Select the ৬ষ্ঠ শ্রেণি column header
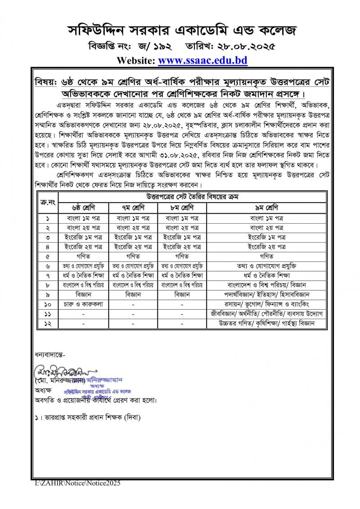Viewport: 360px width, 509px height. (x=83, y=208)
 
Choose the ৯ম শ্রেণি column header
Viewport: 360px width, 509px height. (x=266, y=208)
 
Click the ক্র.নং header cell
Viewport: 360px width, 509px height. (x=47, y=203)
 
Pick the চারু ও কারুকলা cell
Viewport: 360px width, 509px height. (x=83, y=304)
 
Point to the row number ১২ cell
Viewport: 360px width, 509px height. (x=47, y=323)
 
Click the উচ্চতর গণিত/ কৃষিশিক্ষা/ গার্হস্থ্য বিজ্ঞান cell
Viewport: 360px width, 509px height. (x=266, y=323)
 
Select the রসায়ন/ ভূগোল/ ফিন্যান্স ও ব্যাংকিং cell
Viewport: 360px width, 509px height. (x=266, y=304)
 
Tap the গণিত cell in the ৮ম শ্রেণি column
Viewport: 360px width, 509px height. (x=181, y=256)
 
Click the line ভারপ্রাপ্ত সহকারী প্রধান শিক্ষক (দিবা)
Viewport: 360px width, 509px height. (x=88, y=418)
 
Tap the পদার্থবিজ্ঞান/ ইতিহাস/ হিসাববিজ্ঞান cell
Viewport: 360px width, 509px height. (x=266, y=295)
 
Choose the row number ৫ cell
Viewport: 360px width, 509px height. (x=47, y=256)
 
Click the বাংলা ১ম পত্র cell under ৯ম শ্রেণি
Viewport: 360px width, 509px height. (x=266, y=218)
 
